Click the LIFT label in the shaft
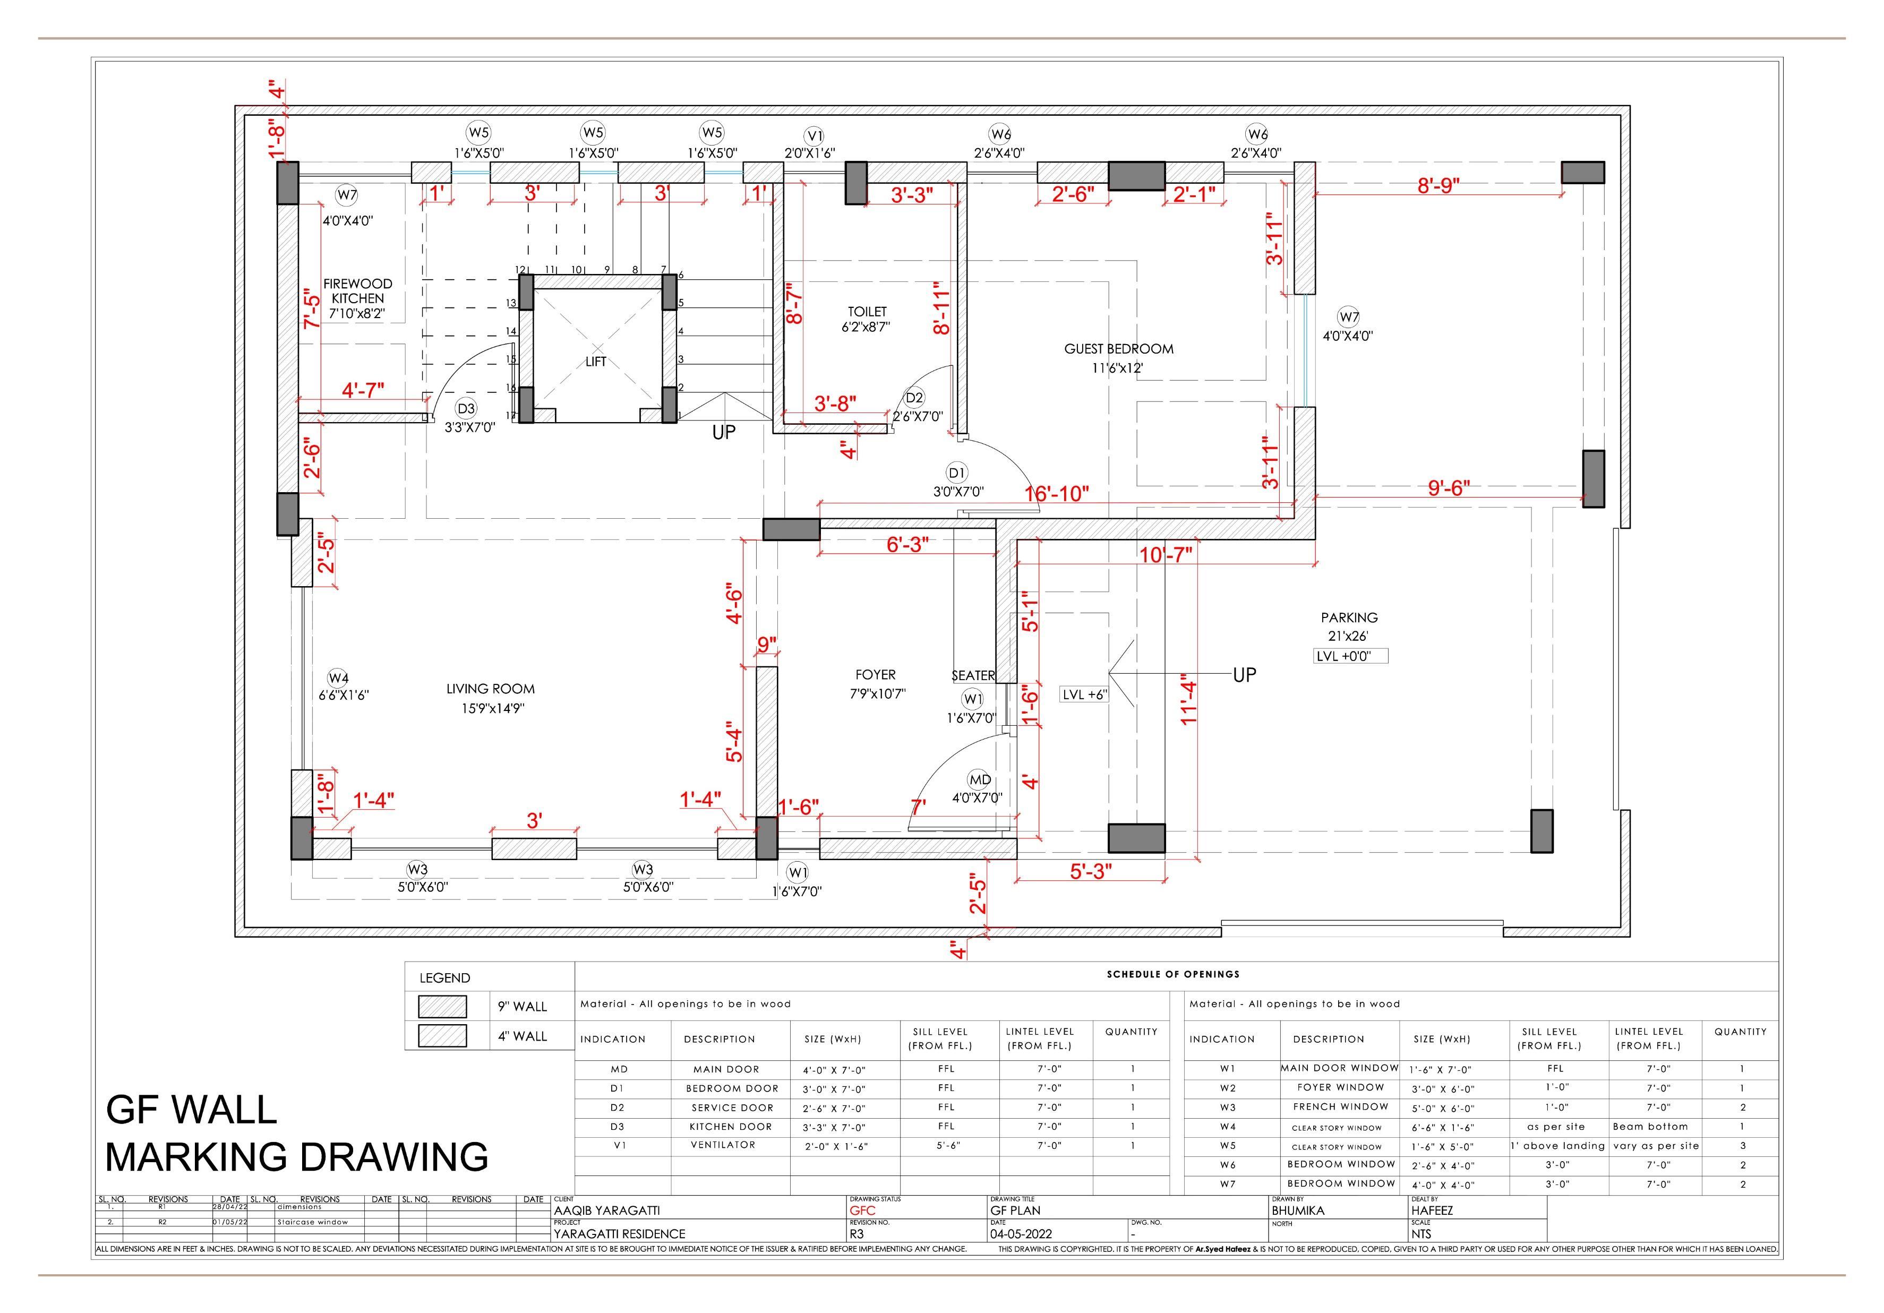pos(596,362)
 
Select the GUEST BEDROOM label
pos(1118,349)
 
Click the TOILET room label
pos(867,312)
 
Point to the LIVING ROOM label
pos(491,689)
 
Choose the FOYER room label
pos(876,675)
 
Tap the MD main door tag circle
pos(980,779)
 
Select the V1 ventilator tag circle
pos(814,135)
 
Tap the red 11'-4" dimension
pos(1189,702)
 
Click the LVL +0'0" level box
pos(1350,656)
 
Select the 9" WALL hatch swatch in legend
pos(442,1006)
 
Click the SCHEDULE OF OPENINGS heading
pos(1172,974)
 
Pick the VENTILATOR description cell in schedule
pos(722,1145)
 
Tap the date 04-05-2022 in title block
pos(1021,1233)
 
